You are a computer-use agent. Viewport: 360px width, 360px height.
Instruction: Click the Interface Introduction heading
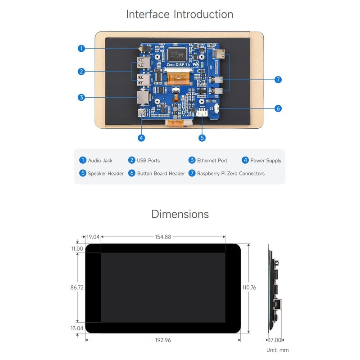coord(180,14)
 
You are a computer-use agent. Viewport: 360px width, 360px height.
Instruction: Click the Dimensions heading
coord(180,214)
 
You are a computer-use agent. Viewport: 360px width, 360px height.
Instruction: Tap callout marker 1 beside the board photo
coord(81,48)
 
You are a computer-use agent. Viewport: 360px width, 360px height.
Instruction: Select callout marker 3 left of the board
coord(81,97)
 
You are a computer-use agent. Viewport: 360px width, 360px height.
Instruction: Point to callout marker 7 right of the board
coord(278,79)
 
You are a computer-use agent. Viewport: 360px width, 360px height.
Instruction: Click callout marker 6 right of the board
coord(278,108)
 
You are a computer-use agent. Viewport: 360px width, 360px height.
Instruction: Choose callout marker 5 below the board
coord(202,138)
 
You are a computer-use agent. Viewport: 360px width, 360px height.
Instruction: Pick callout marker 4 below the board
coord(141,138)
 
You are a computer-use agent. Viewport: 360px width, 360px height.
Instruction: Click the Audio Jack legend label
coord(100,160)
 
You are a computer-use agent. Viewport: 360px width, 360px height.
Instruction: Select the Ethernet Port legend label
coord(212,160)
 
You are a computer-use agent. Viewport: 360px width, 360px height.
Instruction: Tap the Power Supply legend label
coord(265,160)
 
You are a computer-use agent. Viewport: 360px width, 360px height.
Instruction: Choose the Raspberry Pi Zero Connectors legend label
coord(230,173)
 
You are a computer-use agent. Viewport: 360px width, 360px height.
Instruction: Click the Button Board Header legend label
coord(161,173)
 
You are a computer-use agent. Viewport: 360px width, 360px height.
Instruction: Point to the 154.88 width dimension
coord(163,237)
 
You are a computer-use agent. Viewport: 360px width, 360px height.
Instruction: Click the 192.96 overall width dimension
coord(163,340)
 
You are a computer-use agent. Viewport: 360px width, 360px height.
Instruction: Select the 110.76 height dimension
coord(249,287)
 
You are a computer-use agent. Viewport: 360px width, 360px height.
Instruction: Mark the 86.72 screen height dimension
coord(77,287)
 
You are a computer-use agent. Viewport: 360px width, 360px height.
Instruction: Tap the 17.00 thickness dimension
coord(274,340)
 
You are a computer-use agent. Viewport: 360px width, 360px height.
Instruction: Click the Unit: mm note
coord(277,350)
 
